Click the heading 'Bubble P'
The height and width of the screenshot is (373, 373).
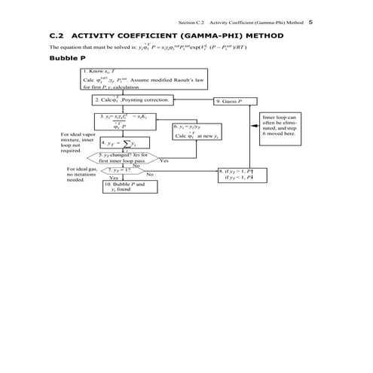click(x=67, y=58)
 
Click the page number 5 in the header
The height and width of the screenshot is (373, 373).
click(x=311, y=22)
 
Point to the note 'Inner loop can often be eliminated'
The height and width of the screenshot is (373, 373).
click(x=280, y=128)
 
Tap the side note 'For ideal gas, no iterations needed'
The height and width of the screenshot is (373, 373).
click(x=81, y=175)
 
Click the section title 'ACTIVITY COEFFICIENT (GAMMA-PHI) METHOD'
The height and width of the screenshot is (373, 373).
click(x=180, y=35)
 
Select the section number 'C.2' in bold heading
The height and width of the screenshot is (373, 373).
click(x=57, y=35)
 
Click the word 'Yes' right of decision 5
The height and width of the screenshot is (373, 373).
click(x=164, y=161)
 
